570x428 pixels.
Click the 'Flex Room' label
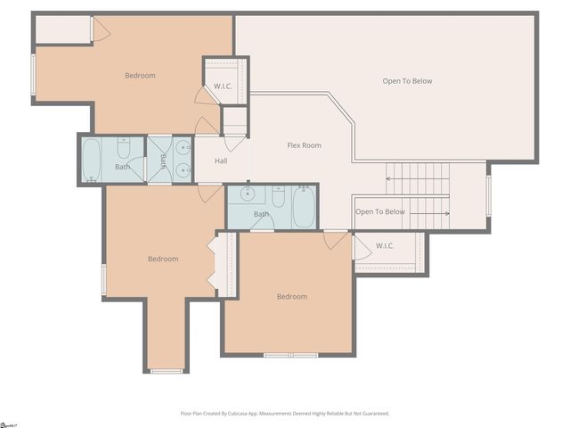pyautogui.click(x=304, y=145)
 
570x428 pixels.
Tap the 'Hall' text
pyautogui.click(x=221, y=161)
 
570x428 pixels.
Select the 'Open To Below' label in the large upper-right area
pyautogui.click(x=407, y=81)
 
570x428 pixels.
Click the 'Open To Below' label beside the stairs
pyautogui.click(x=379, y=212)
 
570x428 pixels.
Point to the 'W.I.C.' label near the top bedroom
pyautogui.click(x=223, y=86)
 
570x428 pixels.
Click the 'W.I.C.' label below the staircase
pyautogui.click(x=386, y=245)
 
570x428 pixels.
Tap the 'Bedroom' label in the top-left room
pyautogui.click(x=140, y=76)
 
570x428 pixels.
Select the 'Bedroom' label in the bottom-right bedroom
pyautogui.click(x=291, y=297)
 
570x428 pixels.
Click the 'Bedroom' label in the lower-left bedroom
pyautogui.click(x=163, y=259)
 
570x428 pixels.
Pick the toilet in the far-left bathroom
pyautogui.click(x=124, y=148)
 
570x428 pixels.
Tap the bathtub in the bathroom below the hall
pyautogui.click(x=303, y=207)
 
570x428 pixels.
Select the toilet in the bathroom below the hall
pyautogui.click(x=278, y=196)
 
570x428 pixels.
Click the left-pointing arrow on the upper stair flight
pyautogui.click(x=389, y=178)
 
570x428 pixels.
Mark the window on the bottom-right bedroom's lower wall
pyautogui.click(x=290, y=355)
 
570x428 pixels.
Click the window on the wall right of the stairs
pyautogui.click(x=488, y=195)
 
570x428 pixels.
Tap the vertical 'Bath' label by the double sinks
pyautogui.click(x=164, y=160)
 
